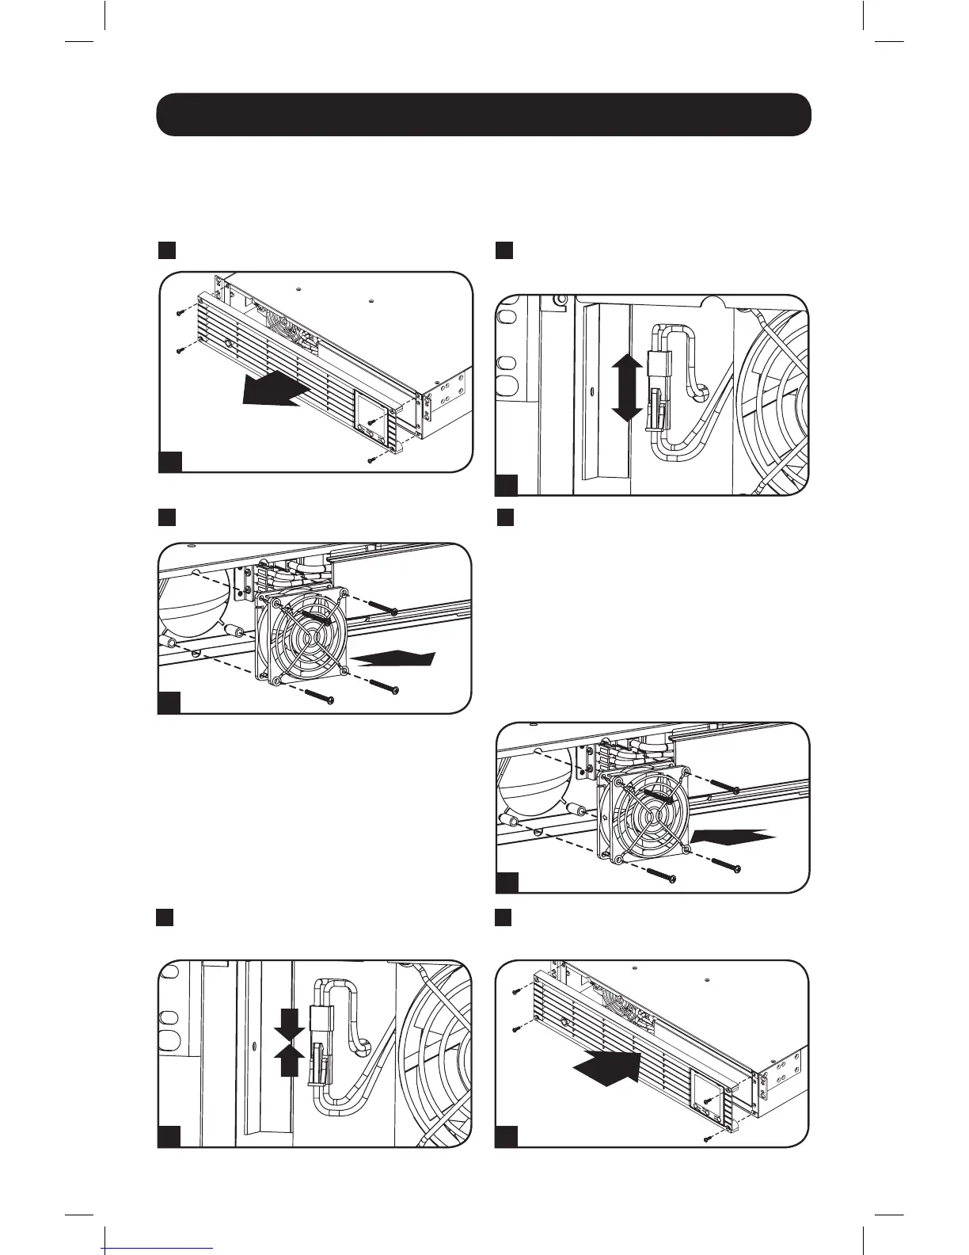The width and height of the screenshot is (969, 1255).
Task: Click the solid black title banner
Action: pos(484,114)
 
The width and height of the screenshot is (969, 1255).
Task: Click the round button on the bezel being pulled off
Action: pos(226,344)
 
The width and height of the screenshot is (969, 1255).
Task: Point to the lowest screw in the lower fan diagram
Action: pos(662,875)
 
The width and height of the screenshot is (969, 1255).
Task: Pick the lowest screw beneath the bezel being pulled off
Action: pos(372,460)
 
